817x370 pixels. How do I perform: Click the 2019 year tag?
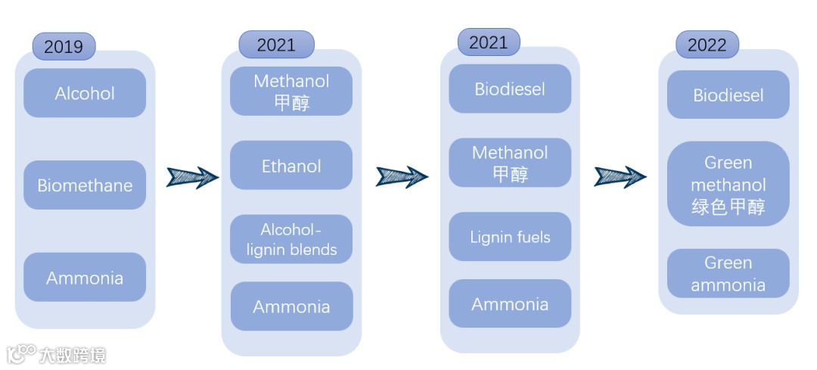point(64,47)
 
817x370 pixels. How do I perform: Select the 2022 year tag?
point(707,45)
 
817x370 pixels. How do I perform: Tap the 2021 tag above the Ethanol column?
point(276,45)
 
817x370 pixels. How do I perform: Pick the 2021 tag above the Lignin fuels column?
point(488,42)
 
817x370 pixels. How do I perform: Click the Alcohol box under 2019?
point(85,93)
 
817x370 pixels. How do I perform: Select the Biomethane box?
point(85,185)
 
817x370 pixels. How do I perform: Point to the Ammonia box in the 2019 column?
point(85,278)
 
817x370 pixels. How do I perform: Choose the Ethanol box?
point(291,166)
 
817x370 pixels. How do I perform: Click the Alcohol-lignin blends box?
point(291,239)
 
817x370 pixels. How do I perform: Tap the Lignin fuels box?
point(510,237)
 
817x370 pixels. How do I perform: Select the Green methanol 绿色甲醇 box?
point(728,184)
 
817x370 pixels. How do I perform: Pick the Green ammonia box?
point(728,273)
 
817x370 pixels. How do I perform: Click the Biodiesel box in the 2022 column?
point(728,95)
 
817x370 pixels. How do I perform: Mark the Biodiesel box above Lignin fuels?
point(510,89)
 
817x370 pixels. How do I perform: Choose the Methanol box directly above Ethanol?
point(291,92)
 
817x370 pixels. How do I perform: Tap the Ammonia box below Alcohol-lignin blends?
point(291,306)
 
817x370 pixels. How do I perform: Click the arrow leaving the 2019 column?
point(192,177)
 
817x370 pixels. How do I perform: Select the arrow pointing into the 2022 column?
point(620,177)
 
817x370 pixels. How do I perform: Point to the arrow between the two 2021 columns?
point(402,177)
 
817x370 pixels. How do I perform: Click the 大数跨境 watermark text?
point(73,355)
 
